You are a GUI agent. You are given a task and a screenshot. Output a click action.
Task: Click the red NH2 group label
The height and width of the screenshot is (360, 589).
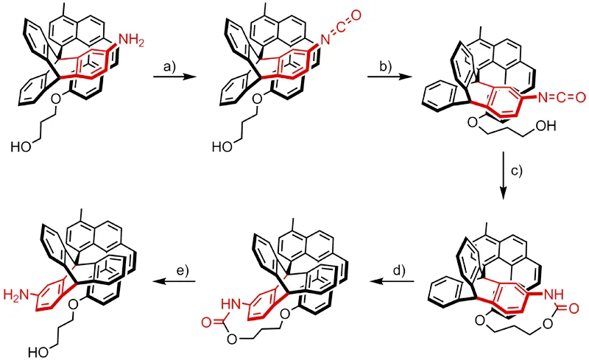click(131, 40)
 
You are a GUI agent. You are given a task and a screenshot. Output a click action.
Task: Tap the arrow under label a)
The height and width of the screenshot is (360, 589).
click(175, 77)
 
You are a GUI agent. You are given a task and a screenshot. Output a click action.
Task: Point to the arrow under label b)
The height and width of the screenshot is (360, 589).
click(389, 77)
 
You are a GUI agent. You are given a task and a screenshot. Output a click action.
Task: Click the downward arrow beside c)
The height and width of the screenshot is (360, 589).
click(504, 175)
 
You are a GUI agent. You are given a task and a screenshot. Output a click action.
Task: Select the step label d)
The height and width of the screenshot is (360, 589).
click(399, 271)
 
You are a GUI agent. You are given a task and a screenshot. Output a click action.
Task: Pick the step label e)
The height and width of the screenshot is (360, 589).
click(183, 271)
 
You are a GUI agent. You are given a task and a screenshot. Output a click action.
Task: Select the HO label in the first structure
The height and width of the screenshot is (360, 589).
click(21, 147)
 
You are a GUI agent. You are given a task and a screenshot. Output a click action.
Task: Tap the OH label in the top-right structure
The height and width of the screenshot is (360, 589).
click(546, 127)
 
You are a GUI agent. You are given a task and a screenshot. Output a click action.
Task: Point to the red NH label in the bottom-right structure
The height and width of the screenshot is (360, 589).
click(554, 295)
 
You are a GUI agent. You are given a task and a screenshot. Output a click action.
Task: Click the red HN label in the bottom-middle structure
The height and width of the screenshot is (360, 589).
click(231, 303)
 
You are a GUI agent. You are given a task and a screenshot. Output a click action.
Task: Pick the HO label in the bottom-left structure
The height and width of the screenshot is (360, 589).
click(40, 353)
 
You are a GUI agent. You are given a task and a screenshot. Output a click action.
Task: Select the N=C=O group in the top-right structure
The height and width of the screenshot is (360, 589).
click(561, 97)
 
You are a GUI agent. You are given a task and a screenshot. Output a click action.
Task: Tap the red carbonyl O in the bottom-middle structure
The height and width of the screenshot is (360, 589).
click(207, 322)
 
